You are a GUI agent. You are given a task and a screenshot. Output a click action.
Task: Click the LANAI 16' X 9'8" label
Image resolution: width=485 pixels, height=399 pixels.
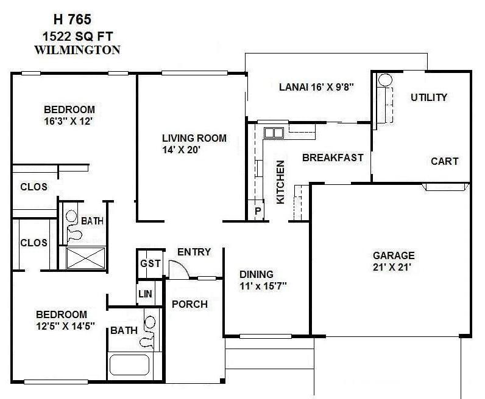pyautogui.click(x=316, y=86)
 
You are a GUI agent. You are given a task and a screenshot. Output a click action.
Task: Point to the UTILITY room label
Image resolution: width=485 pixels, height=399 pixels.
pyautogui.click(x=428, y=97)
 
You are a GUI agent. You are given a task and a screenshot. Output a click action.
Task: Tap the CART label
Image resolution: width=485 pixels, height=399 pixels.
pyautogui.click(x=444, y=161)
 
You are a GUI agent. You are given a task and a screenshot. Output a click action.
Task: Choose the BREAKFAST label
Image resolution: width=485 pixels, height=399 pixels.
pyautogui.click(x=333, y=158)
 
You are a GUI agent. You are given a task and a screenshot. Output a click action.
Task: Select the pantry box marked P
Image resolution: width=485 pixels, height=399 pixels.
pyautogui.click(x=257, y=210)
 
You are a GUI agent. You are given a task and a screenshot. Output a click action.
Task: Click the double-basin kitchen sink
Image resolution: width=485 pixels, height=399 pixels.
pyautogui.click(x=273, y=133)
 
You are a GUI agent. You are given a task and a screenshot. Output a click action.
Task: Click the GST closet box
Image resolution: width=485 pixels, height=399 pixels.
pyautogui.click(x=150, y=263)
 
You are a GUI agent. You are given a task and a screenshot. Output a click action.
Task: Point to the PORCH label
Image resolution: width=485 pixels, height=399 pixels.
pyautogui.click(x=189, y=304)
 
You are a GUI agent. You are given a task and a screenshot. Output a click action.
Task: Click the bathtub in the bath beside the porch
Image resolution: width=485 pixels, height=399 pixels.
pyautogui.click(x=129, y=366)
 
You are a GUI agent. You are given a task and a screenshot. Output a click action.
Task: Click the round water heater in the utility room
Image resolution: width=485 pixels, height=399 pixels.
pyautogui.click(x=385, y=80)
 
